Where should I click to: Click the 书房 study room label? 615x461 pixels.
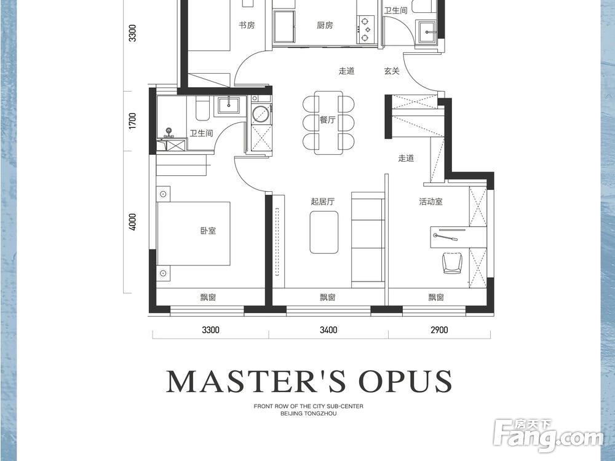(247, 25)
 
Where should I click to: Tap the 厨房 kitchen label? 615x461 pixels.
(325, 25)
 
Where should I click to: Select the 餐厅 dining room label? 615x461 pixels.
(327, 120)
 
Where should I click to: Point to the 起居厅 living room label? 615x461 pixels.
(322, 202)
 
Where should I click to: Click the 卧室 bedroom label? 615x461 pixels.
(208, 231)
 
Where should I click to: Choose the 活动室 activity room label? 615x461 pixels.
(430, 202)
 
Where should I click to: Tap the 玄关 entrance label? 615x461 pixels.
(392, 71)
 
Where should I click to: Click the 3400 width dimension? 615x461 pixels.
(328, 330)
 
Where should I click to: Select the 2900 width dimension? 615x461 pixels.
(439, 330)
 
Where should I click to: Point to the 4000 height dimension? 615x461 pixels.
(133, 222)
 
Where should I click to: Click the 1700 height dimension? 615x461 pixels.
(133, 120)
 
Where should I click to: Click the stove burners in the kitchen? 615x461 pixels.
(365, 29)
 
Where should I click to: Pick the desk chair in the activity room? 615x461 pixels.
(453, 262)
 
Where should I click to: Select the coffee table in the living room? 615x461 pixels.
(324, 232)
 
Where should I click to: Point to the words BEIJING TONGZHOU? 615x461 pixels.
(309, 413)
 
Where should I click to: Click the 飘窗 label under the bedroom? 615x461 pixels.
(208, 297)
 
